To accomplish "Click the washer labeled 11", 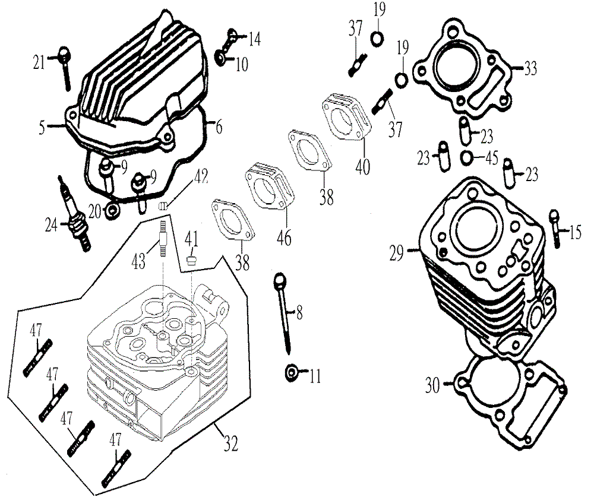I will [x=292, y=373].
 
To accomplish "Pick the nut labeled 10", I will [x=222, y=58].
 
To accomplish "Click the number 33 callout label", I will [x=530, y=68].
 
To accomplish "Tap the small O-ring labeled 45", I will [x=467, y=158].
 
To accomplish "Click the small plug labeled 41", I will [x=191, y=259].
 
